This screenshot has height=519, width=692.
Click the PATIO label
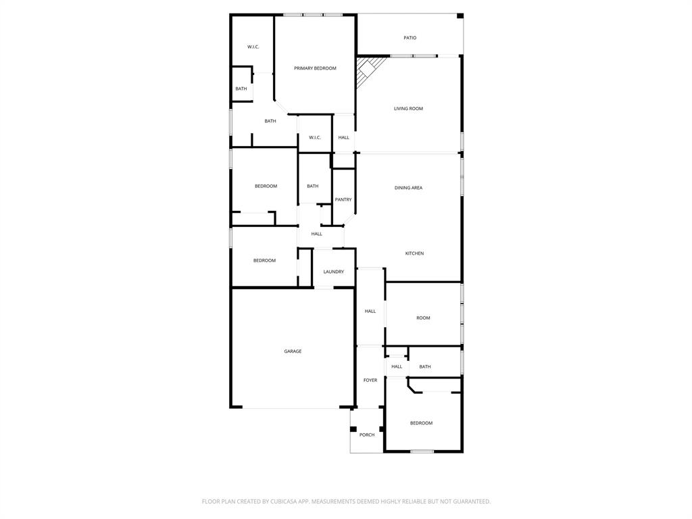click(410, 38)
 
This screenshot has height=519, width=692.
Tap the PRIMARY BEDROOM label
click(315, 68)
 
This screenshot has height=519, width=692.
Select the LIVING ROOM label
click(408, 109)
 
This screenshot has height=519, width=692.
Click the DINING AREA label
click(408, 188)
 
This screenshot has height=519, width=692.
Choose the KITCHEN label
click(414, 253)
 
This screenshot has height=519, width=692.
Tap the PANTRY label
click(343, 199)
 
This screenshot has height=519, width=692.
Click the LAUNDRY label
click(333, 272)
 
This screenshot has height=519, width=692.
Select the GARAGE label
click(293, 351)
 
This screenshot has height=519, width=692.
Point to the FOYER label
click(370, 380)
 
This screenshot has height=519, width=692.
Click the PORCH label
click(367, 435)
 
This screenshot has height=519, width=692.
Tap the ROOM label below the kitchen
click(423, 318)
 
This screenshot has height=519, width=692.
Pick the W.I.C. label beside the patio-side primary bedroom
click(253, 47)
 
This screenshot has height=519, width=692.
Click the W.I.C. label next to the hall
click(315, 138)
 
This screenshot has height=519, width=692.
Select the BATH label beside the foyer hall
click(425, 367)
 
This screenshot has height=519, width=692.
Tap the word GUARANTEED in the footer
click(471, 501)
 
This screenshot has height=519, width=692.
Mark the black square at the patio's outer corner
click(460, 16)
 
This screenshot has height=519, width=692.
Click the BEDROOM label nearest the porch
click(421, 423)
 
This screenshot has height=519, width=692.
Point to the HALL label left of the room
click(370, 312)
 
